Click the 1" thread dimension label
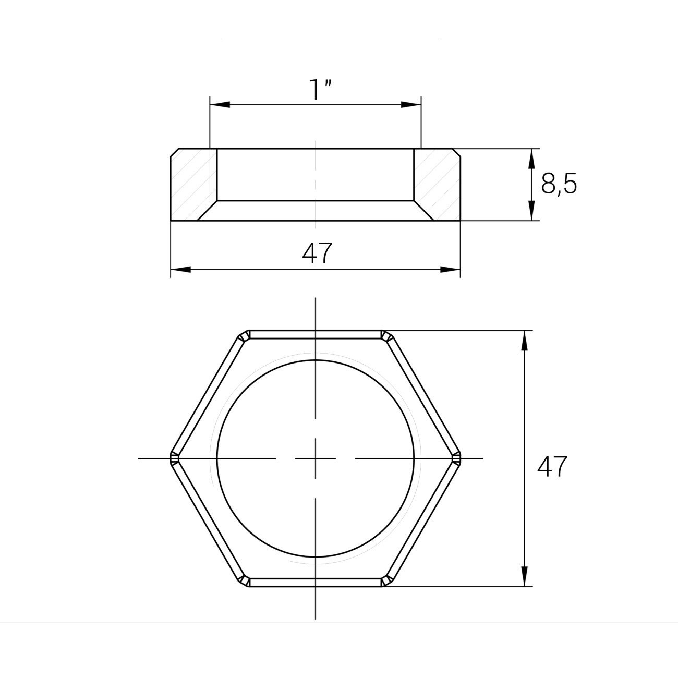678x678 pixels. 320,90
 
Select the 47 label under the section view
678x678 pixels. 317,253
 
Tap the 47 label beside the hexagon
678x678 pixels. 552,467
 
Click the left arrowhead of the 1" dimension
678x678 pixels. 220,104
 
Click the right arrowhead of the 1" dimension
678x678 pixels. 411,104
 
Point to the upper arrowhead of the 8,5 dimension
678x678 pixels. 531,159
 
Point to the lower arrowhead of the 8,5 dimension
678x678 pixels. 531,210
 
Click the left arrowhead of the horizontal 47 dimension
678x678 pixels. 180,270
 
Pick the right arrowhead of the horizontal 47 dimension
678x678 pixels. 451,270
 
